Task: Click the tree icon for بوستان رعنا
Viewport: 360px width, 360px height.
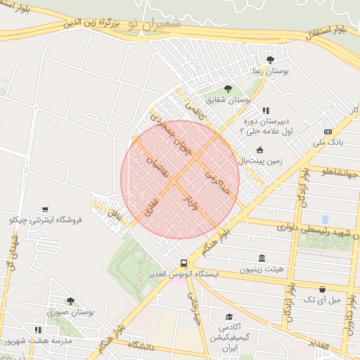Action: [x=271, y=60]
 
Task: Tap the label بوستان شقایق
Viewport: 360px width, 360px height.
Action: [x=228, y=101]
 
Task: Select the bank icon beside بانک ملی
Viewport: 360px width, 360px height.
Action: [x=328, y=131]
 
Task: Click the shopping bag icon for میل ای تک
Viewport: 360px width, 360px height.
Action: [x=322, y=289]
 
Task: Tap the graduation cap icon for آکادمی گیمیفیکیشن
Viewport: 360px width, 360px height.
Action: [x=229, y=318]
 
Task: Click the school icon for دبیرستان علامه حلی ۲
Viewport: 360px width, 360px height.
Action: [x=265, y=110]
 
